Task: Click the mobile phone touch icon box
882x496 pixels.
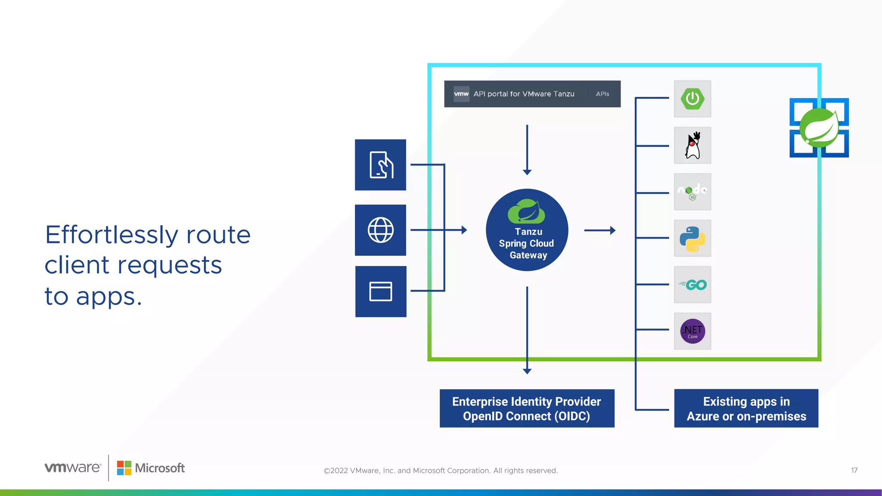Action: click(x=380, y=165)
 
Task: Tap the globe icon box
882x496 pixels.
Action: click(x=380, y=230)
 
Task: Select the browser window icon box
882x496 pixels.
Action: click(x=381, y=291)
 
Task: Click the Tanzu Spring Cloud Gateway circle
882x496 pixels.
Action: click(x=527, y=230)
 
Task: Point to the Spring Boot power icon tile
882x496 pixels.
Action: click(x=693, y=99)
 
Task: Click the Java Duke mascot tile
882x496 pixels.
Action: click(x=693, y=146)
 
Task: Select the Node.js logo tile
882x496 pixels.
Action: click(x=693, y=192)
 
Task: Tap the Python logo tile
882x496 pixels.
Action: click(x=693, y=239)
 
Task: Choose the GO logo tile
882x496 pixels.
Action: click(x=693, y=285)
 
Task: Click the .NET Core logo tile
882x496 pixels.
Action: click(x=693, y=331)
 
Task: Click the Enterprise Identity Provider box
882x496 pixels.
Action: click(x=527, y=409)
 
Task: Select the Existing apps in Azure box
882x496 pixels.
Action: click(x=746, y=409)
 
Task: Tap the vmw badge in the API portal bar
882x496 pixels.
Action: click(x=461, y=94)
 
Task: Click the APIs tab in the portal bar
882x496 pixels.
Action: click(x=602, y=94)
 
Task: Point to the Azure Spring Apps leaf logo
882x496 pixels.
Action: click(x=819, y=128)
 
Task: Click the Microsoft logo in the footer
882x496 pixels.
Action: click(x=151, y=468)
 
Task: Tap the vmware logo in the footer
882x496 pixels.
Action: click(x=73, y=468)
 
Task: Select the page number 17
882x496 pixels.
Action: click(x=854, y=471)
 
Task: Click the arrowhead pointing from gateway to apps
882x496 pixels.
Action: click(x=613, y=230)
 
